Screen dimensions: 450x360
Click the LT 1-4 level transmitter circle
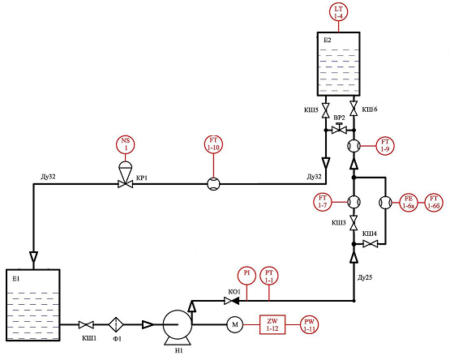tap(338, 12)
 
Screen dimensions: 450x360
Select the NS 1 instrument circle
tap(126, 144)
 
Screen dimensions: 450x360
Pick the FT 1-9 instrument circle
tap(385, 146)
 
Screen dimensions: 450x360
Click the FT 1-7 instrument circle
tap(323, 202)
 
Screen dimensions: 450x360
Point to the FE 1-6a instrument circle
tap(409, 203)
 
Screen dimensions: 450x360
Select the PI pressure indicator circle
tap(246, 276)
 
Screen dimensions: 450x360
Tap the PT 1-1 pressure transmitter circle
tap(269, 276)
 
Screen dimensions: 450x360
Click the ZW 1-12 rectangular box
tap(272, 324)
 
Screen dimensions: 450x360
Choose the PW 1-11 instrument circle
tap(309, 325)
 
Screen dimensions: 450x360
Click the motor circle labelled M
tap(235, 324)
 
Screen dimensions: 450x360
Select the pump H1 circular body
tap(178, 324)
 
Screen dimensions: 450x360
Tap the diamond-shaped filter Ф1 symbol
tap(116, 324)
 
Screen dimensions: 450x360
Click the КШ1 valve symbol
tap(86, 324)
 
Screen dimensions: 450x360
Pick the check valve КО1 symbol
tap(232, 301)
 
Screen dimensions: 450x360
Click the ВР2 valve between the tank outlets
tap(339, 128)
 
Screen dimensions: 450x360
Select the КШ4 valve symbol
tap(371, 244)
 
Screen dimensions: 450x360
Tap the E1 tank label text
tap(16, 278)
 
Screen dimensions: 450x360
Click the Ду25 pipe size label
tap(365, 277)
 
